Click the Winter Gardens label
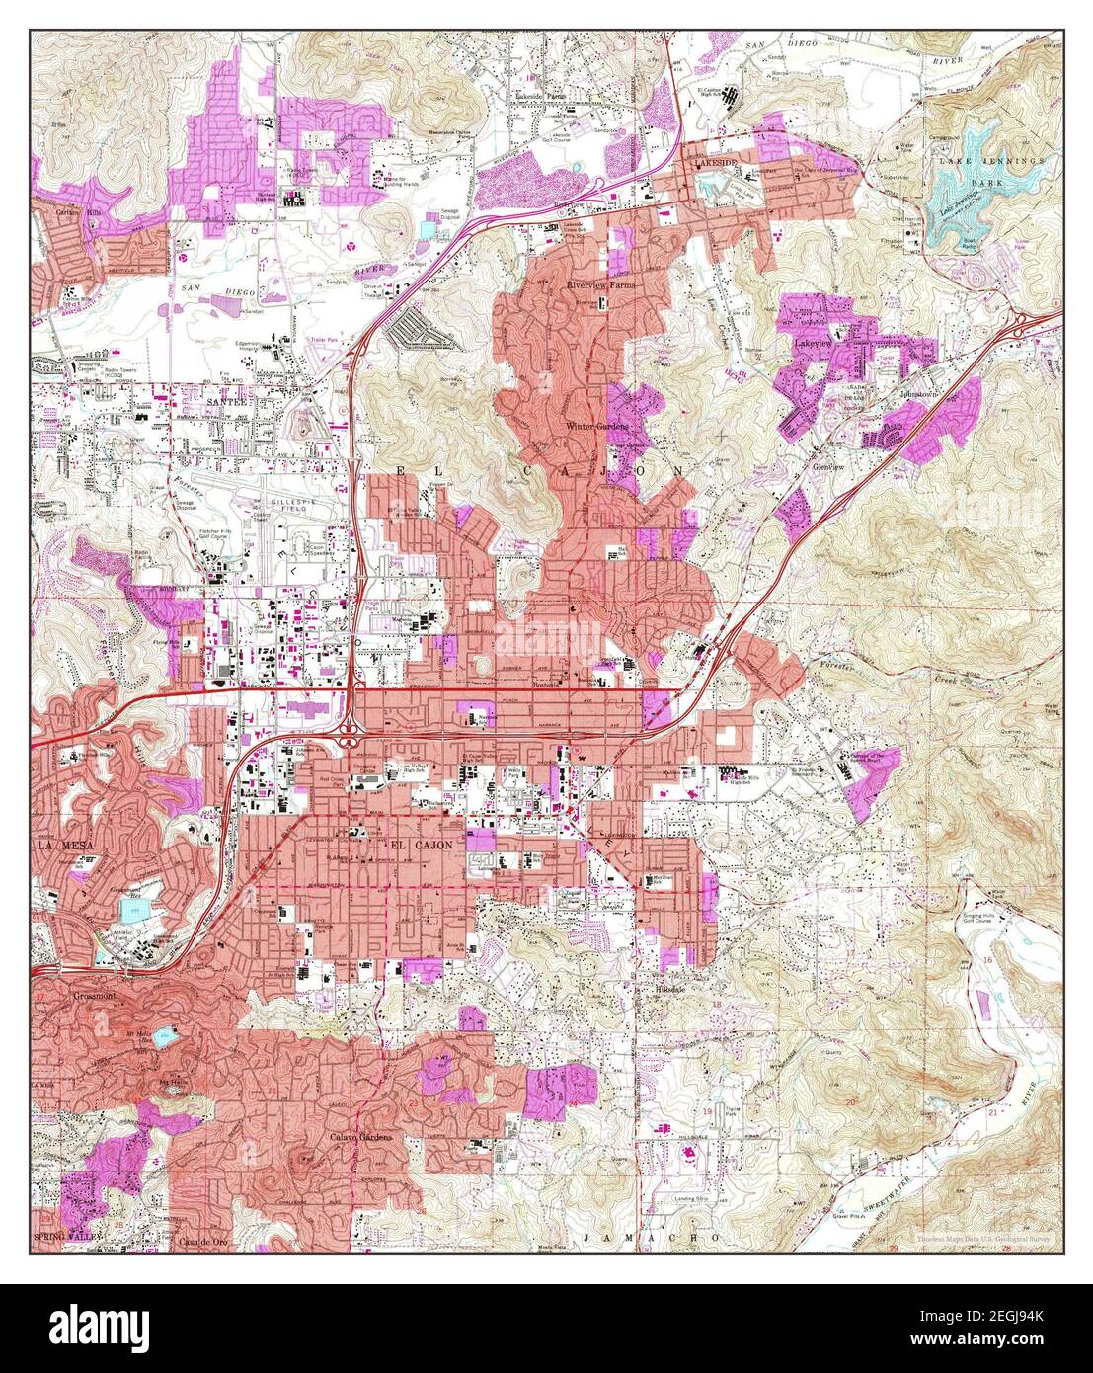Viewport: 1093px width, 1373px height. pos(596,426)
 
